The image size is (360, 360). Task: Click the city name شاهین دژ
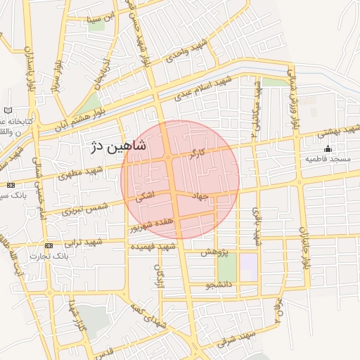[118, 147]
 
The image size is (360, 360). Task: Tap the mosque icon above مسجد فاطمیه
[327, 148]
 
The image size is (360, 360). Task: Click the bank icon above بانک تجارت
[49, 245]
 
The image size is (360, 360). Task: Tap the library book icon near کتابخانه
[8, 111]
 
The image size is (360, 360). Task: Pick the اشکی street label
[145, 200]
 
